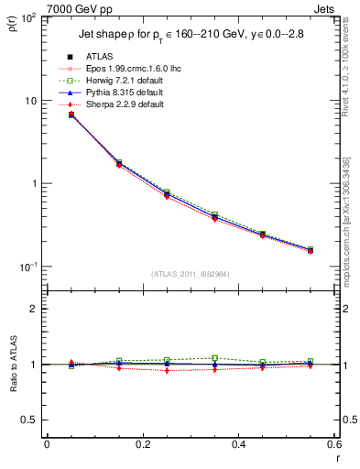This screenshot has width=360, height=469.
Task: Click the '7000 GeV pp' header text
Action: click(x=78, y=9)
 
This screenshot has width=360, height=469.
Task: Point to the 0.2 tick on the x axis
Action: click(x=143, y=445)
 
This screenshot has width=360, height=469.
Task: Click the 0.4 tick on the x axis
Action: click(x=239, y=445)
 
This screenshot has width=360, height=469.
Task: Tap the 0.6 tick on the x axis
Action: click(x=334, y=445)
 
